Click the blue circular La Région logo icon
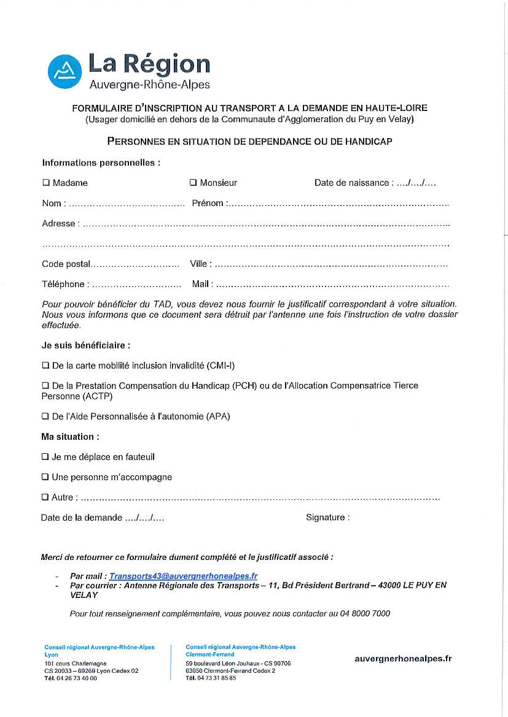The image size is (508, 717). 65,71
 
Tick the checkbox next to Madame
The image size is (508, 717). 45,183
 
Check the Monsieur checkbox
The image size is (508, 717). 193,183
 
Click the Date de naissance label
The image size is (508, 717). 351,183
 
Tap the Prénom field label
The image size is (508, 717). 208,203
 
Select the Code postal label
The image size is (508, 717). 66,264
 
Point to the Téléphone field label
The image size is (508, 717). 63,284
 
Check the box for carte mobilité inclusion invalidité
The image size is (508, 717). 45,366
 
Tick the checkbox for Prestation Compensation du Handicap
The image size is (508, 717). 45,386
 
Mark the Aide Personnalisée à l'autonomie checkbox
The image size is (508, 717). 45,416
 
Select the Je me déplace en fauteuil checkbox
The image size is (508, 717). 45,457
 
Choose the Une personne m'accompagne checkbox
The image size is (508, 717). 45,477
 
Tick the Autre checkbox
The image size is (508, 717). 45,497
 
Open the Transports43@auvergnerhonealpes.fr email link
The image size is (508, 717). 183,577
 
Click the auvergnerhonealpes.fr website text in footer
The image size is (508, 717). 403,659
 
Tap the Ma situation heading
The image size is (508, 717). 70,437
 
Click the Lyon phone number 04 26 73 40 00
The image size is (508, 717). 77,678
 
